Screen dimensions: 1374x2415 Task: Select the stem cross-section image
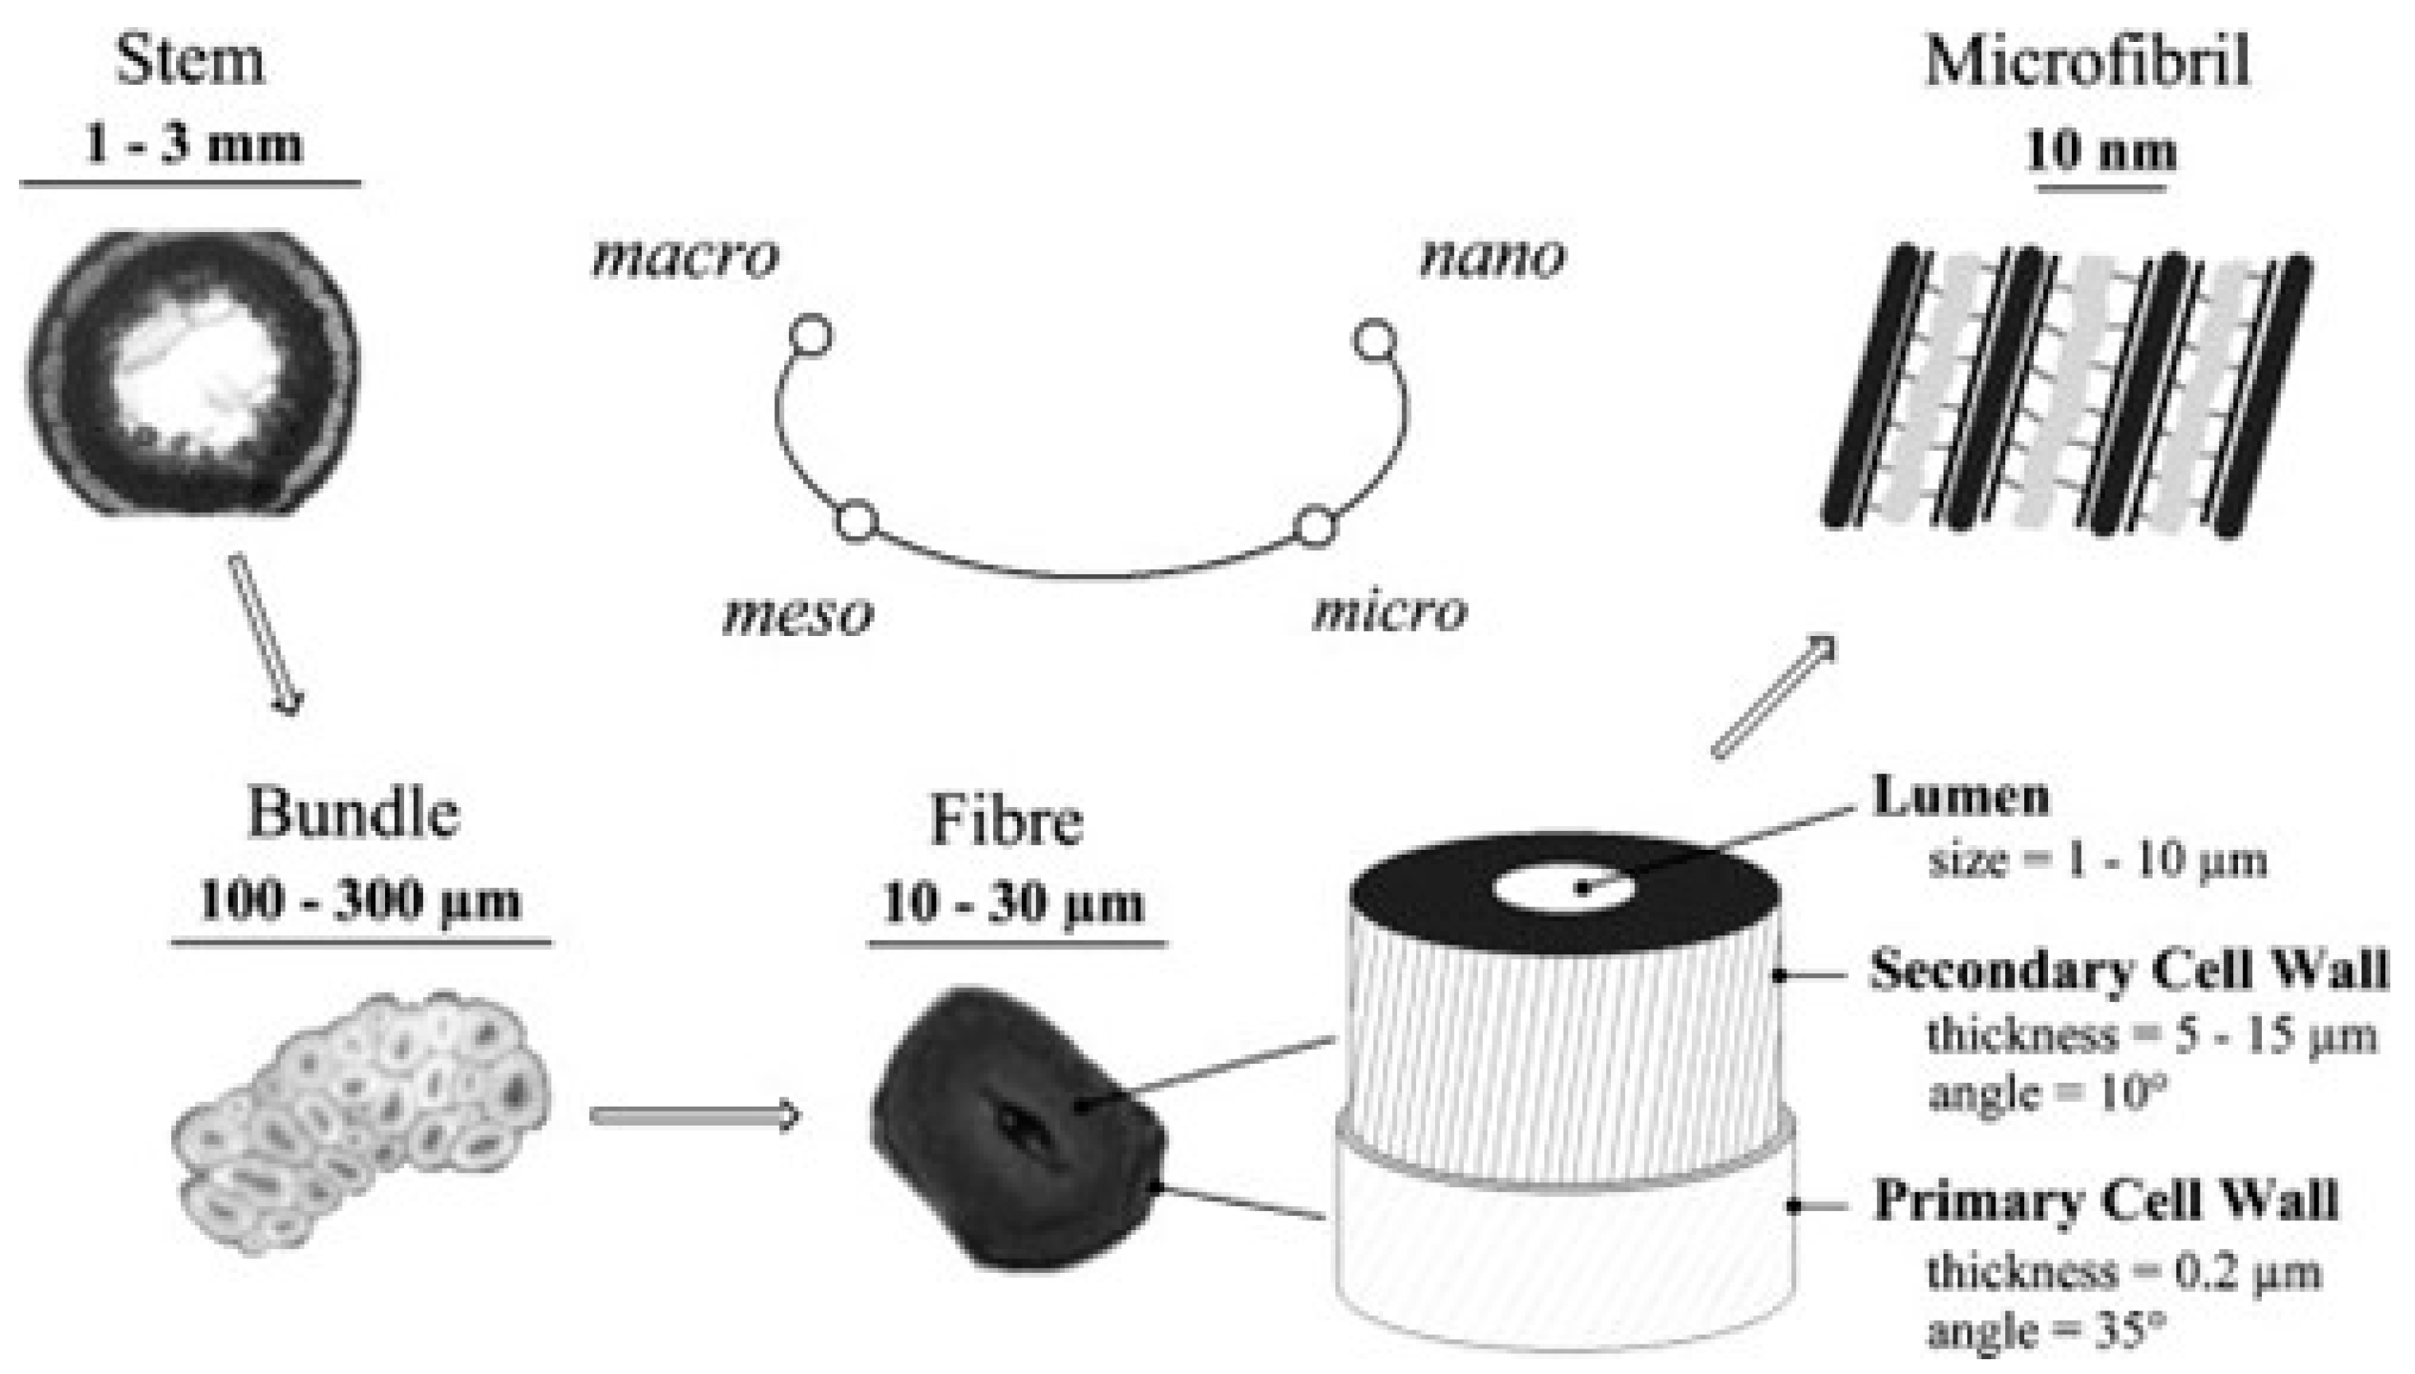coord(193,372)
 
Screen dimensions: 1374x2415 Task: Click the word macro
coord(685,258)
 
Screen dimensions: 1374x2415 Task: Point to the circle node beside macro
coord(810,336)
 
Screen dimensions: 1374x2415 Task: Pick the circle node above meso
coord(857,522)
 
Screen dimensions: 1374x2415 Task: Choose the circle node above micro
coord(1315,526)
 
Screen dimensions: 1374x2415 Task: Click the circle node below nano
coord(1374,339)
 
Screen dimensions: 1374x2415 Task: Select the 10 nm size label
coord(2101,151)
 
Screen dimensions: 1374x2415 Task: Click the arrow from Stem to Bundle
coord(266,634)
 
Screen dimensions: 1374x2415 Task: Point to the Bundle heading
coord(353,813)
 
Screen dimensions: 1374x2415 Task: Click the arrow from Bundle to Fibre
coord(695,1116)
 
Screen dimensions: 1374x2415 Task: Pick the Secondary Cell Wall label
coord(2129,970)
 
